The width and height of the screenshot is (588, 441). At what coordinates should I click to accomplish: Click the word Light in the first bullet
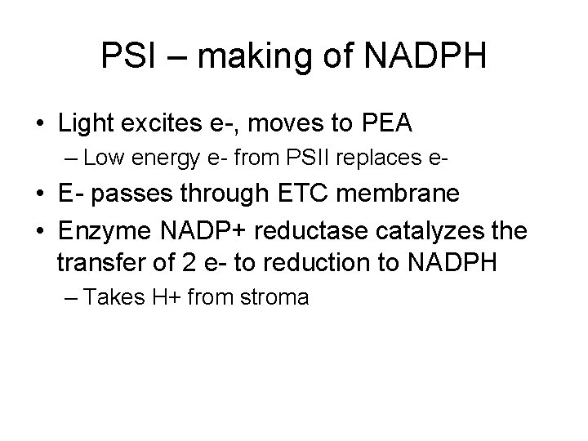(86, 124)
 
